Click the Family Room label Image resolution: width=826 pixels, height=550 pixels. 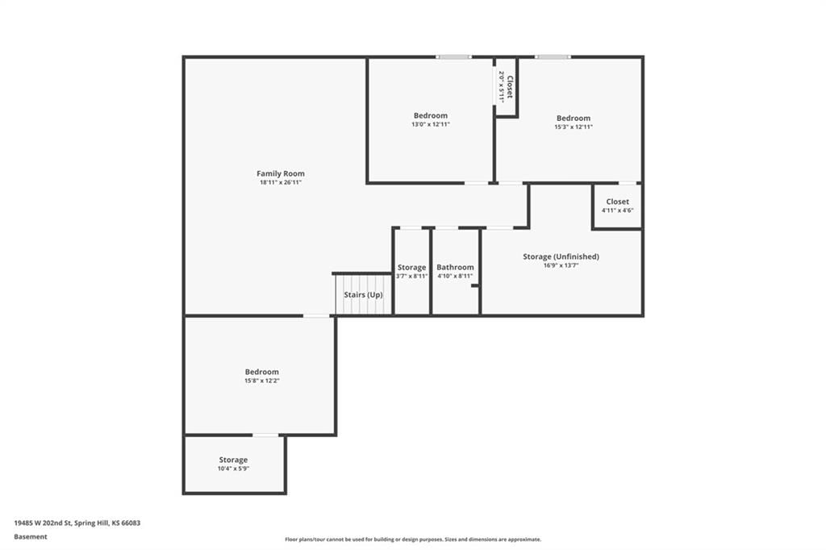tap(280, 173)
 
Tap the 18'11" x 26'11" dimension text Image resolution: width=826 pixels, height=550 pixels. tap(280, 182)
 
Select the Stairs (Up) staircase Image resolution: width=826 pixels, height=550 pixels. tap(364, 294)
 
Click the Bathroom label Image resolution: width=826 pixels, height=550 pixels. tap(455, 267)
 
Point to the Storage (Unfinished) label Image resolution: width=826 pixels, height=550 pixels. tap(561, 256)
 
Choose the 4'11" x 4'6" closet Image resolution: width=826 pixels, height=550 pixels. tap(617, 206)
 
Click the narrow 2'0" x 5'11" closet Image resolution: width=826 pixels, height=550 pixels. tap(506, 87)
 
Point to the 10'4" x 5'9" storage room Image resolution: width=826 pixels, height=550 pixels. tap(235, 465)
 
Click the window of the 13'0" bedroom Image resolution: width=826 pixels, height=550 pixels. tap(453, 56)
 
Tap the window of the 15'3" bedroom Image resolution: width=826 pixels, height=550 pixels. tap(553, 56)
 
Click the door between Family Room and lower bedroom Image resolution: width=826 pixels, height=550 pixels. tap(316, 315)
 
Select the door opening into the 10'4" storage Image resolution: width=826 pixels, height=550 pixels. tap(265, 435)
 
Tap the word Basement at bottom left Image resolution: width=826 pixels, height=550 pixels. tap(31, 536)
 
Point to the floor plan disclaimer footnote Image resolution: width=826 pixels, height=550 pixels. tap(413, 539)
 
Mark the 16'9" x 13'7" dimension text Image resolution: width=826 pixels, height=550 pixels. tap(561, 265)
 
